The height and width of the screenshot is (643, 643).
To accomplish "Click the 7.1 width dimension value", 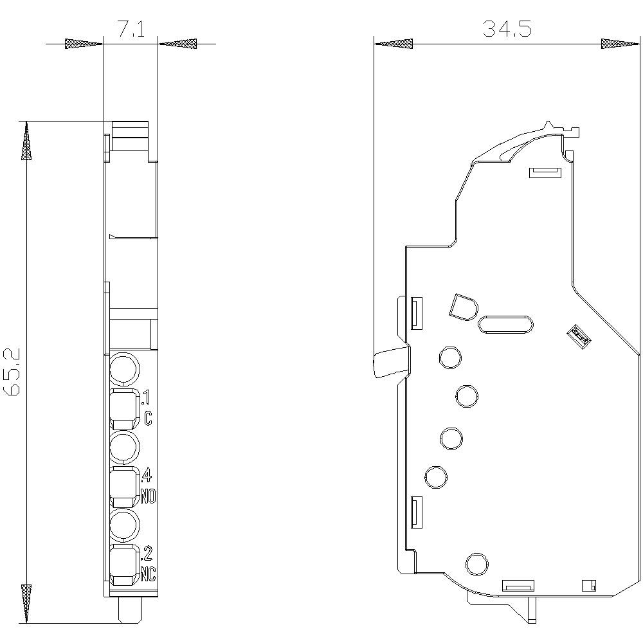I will tap(131, 30).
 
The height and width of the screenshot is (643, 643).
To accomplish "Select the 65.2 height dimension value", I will tap(14, 372).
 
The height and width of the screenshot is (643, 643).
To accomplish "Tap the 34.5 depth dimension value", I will tap(507, 29).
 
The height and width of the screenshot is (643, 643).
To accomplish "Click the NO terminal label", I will tap(149, 496).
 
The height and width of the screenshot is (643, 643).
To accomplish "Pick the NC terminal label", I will tap(149, 572).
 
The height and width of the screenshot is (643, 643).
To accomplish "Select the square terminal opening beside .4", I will tap(123, 487).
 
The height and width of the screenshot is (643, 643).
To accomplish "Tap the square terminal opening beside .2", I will tap(123, 564).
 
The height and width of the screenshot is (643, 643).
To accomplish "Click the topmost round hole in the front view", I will tap(123, 370).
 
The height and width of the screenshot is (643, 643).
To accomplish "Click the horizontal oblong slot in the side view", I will tap(505, 324).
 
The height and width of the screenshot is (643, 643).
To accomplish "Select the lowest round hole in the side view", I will tap(476, 564).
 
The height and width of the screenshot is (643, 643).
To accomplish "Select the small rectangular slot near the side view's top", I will tap(544, 172).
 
